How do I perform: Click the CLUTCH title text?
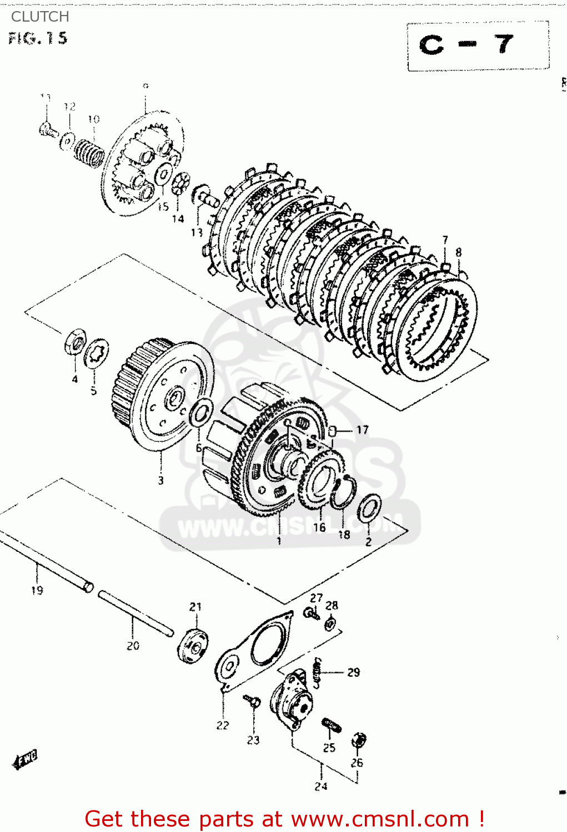pyautogui.click(x=40, y=17)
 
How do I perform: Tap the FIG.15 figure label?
pyautogui.click(x=38, y=38)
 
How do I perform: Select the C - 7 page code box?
pyautogui.click(x=478, y=45)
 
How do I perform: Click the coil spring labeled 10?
pyautogui.click(x=89, y=150)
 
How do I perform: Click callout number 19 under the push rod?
pyautogui.click(x=37, y=590)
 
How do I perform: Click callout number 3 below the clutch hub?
pyautogui.click(x=160, y=480)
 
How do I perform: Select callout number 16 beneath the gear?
pyautogui.click(x=319, y=527)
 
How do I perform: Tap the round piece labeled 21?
pyautogui.click(x=193, y=646)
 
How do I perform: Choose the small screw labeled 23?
pyautogui.click(x=252, y=702)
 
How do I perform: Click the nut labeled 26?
pyautogui.click(x=359, y=740)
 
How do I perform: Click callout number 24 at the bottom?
pyautogui.click(x=321, y=786)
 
